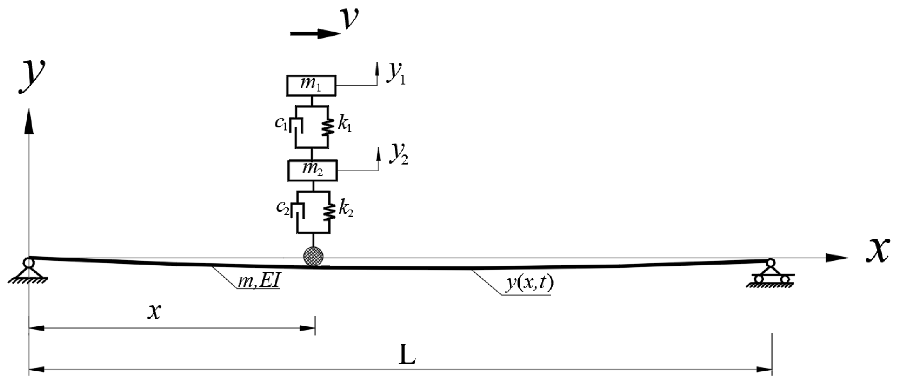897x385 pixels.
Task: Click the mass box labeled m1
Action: click(311, 85)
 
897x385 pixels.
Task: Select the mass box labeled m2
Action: click(312, 171)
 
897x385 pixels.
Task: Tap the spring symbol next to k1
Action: click(328, 127)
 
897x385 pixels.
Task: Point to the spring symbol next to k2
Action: click(330, 212)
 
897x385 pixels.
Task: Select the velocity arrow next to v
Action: click(314, 34)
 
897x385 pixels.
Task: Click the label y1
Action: click(396, 73)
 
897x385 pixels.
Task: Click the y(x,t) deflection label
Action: click(529, 283)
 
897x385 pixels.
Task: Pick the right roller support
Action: click(770, 274)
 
